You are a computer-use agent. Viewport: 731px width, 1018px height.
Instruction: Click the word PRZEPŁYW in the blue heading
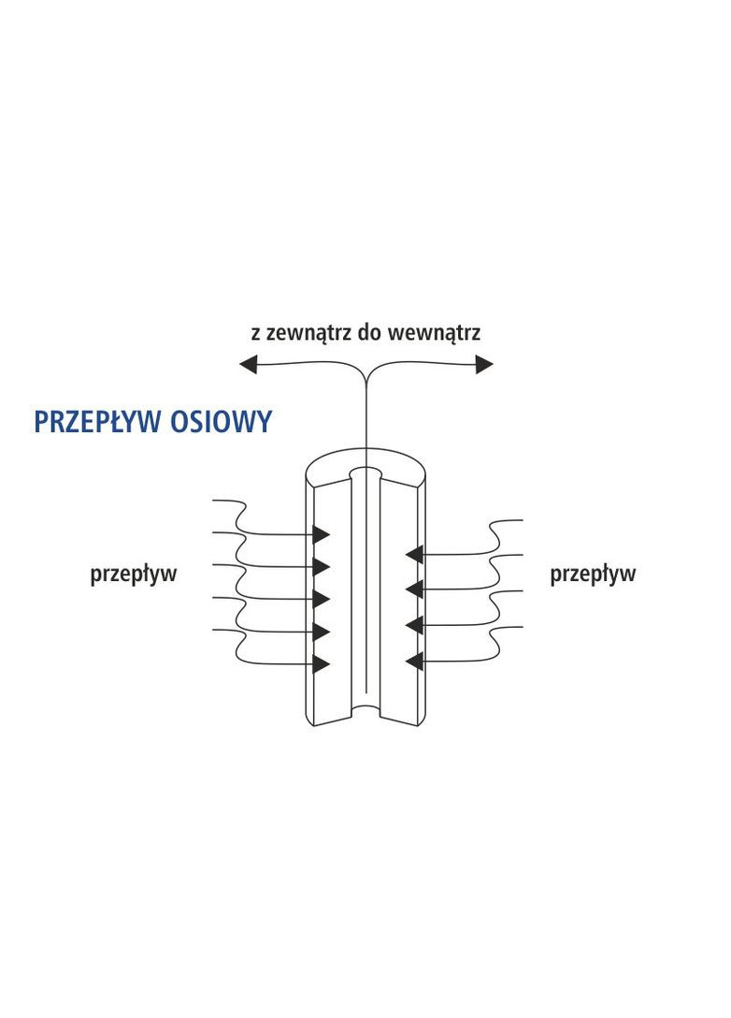coord(99,422)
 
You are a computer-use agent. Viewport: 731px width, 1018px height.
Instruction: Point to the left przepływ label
coord(133,574)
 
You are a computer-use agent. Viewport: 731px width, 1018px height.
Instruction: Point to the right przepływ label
coord(593,574)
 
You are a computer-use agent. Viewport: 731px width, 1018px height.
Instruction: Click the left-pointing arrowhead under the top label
coord(249,365)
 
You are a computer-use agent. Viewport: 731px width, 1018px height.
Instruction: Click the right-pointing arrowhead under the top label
coord(483,365)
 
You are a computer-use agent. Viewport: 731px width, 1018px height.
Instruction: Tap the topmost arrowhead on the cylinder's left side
coord(322,534)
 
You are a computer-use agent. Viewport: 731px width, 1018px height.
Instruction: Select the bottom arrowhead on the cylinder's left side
coord(322,664)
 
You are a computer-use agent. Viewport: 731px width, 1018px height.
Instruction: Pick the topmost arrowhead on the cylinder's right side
coord(414,554)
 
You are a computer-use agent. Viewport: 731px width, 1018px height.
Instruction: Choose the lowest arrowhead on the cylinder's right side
coord(414,662)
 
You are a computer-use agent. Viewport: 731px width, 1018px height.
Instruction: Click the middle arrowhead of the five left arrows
coord(322,599)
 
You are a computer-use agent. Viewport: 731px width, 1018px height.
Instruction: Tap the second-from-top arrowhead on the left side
coord(322,566)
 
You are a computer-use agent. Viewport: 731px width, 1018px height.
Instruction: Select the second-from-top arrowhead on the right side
coord(414,589)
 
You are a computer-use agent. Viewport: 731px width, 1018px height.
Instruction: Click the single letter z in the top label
coord(255,334)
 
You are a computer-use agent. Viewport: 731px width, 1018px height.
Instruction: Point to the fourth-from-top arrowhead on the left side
coord(322,631)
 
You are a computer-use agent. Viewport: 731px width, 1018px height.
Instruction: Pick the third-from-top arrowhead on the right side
coord(414,624)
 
